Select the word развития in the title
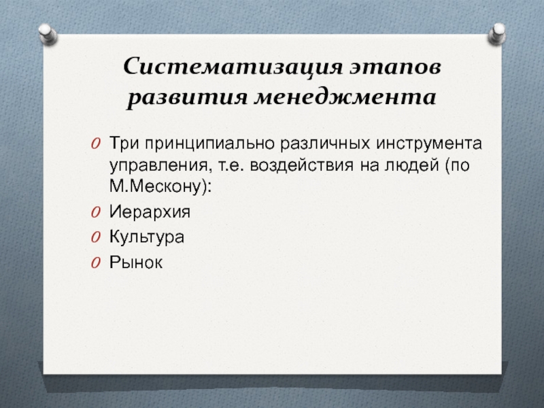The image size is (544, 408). click(187, 98)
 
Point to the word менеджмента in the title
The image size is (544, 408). click(345, 97)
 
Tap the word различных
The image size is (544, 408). click(325, 143)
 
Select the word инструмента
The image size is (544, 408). click(429, 143)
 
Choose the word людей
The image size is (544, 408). click(412, 165)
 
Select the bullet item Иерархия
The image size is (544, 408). click(150, 211)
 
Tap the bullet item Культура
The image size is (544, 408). click(147, 237)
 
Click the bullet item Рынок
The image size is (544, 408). click(135, 262)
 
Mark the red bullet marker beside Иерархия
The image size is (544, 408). click(96, 212)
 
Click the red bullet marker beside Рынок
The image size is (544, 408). click(96, 262)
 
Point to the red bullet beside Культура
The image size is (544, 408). click(96, 237)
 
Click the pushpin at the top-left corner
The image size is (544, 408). click(48, 34)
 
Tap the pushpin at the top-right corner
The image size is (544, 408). click(496, 33)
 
